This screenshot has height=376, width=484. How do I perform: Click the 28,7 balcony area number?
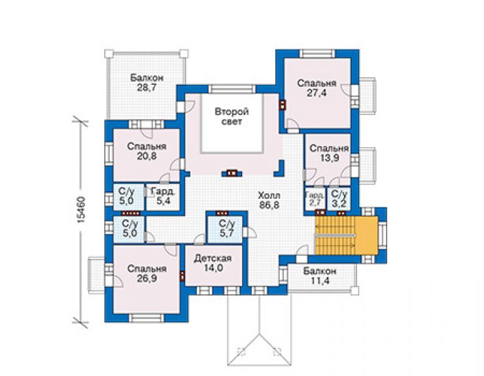pyautogui.click(x=147, y=88)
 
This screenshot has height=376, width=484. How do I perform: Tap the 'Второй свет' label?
pyautogui.click(x=232, y=116)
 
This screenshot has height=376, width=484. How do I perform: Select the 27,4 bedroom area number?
pyautogui.click(x=317, y=93)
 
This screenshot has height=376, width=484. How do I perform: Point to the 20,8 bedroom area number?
pyautogui.click(x=147, y=156)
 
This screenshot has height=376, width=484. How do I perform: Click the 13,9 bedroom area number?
pyautogui.click(x=330, y=158)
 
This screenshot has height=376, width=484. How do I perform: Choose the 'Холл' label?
pyautogui.click(x=269, y=196)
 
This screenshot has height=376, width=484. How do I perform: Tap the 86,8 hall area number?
pyautogui.click(x=269, y=205)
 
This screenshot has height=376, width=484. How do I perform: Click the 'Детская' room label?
pyautogui.click(x=213, y=258)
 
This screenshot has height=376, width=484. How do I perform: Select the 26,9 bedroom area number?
pyautogui.click(x=147, y=279)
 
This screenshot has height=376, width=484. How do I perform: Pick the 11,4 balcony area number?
pyautogui.click(x=319, y=281)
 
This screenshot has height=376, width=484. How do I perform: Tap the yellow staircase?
pyautogui.click(x=346, y=235)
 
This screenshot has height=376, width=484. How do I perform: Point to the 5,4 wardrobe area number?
pyautogui.click(x=164, y=201)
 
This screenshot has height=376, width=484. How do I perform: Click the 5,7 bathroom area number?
pyautogui.click(x=226, y=233)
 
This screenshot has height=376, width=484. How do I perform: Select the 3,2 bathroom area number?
pyautogui.click(x=339, y=204)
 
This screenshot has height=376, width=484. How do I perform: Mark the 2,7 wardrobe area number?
pyautogui.click(x=315, y=203)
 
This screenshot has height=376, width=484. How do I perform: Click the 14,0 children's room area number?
pyautogui.click(x=213, y=268)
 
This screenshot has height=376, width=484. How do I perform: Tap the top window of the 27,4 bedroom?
pyautogui.click(x=317, y=54)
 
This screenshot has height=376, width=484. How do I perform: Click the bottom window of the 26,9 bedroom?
pyautogui.click(x=147, y=318)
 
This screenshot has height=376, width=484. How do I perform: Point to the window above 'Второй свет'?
pyautogui.click(x=232, y=89)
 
